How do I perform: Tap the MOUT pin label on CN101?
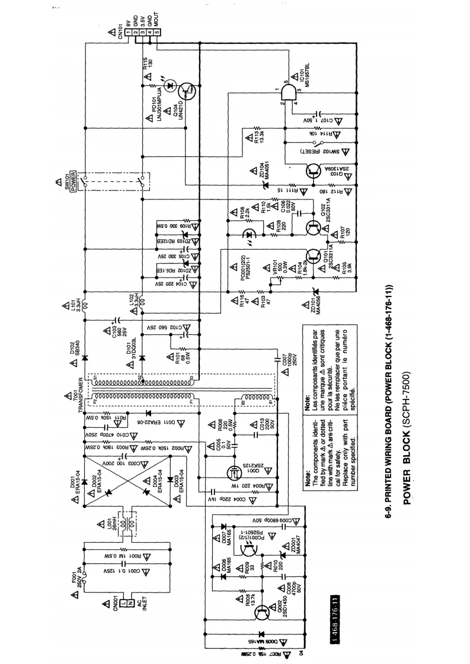point(156,20)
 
